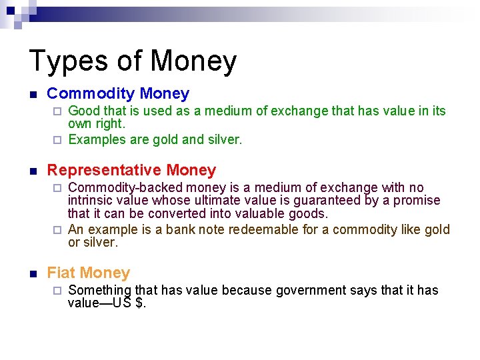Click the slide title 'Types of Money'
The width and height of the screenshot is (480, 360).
click(x=133, y=61)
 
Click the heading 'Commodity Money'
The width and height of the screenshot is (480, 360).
click(x=118, y=94)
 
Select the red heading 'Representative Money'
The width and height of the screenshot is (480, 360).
click(x=131, y=170)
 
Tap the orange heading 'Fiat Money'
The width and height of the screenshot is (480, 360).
click(x=88, y=273)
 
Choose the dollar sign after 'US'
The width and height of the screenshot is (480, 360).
click(x=139, y=303)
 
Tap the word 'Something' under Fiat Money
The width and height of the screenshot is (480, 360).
click(x=100, y=290)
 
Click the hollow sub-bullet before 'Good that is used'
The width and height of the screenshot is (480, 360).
click(x=57, y=111)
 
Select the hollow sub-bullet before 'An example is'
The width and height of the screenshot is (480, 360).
click(x=57, y=230)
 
